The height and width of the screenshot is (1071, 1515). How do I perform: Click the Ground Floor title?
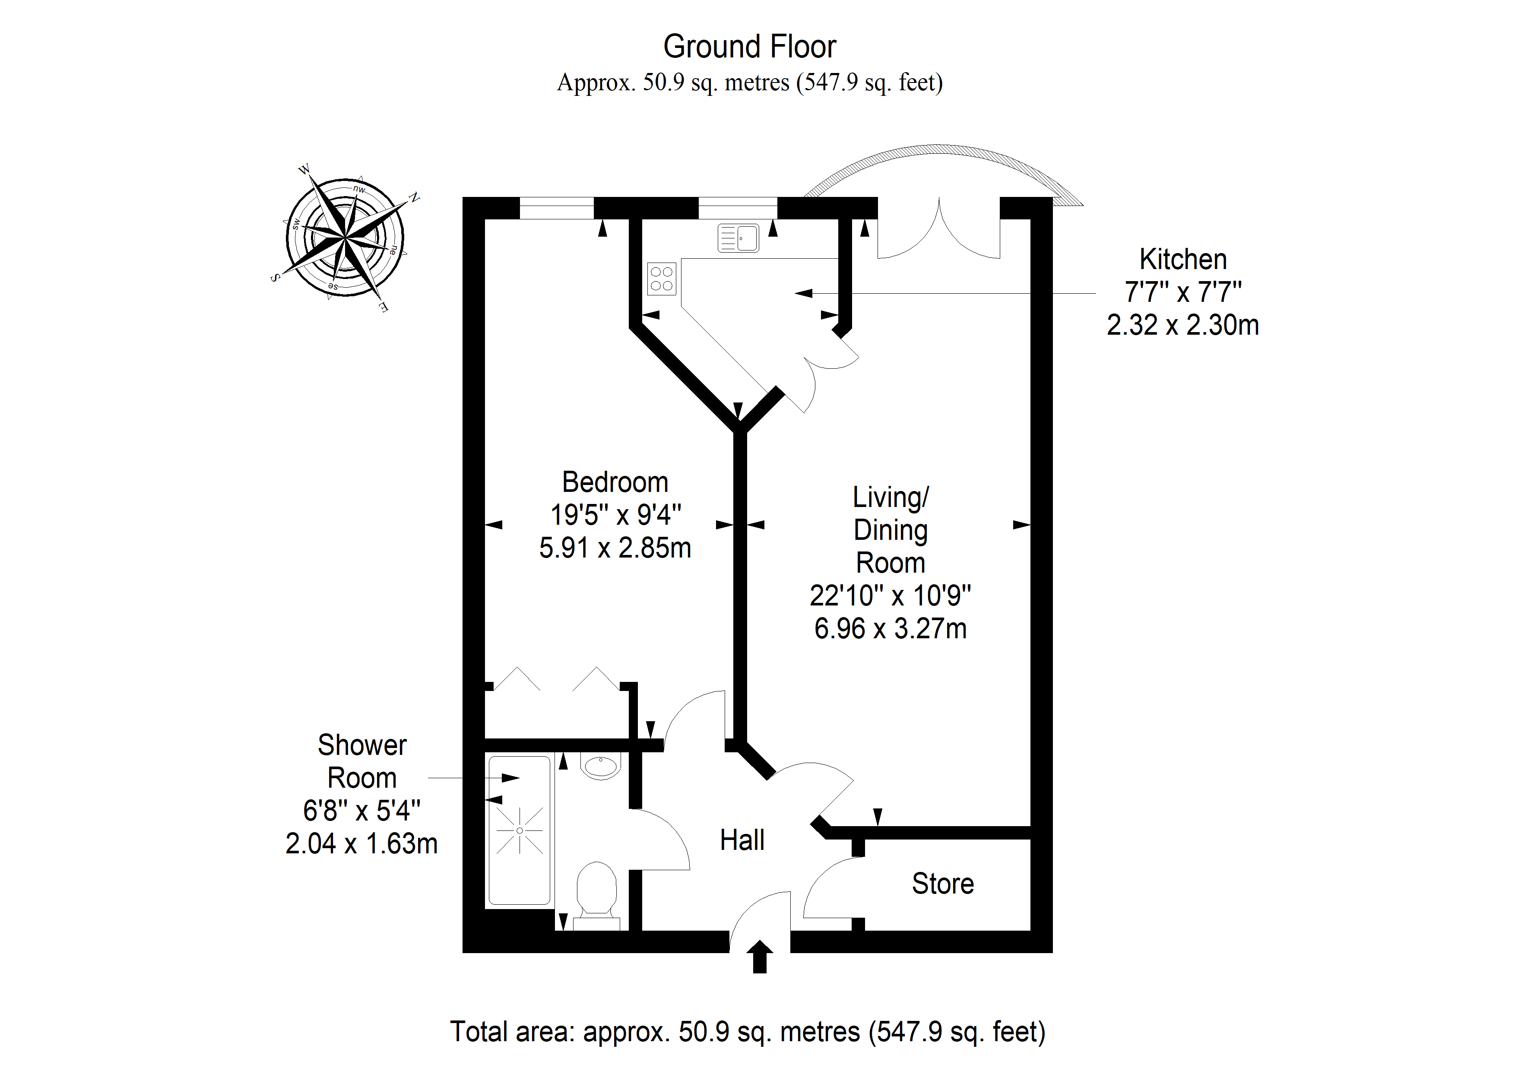coord(750,47)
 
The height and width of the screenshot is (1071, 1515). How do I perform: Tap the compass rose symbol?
coord(345,238)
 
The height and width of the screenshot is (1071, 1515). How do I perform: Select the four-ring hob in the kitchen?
coord(662,279)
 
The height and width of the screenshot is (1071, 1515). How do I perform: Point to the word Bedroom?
coord(615,482)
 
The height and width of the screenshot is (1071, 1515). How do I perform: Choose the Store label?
coord(943,884)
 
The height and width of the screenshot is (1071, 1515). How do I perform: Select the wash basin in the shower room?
coord(600,766)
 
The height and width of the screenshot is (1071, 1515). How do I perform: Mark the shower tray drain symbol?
coord(520,831)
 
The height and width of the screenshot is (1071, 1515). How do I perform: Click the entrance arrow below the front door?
coord(760,957)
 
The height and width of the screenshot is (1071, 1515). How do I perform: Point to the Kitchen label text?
coord(1183,260)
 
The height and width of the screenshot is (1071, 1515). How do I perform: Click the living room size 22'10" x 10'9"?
coord(890,596)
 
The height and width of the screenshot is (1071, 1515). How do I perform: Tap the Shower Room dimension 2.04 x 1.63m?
coord(361,844)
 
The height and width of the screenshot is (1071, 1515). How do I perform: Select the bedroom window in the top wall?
coord(557,208)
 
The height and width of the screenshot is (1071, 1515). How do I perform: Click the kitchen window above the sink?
coord(738,208)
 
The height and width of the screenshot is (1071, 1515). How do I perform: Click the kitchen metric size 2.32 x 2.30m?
coord(1183,325)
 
